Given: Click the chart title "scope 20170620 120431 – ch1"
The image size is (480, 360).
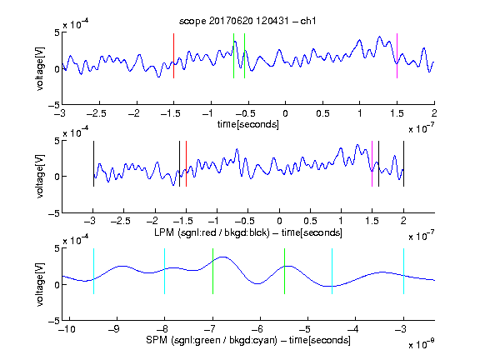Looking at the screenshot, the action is [247, 21].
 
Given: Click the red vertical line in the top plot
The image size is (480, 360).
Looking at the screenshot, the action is [173, 56].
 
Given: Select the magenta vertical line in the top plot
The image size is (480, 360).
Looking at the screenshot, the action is [397, 56].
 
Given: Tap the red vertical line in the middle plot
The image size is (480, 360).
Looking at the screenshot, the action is [186, 164].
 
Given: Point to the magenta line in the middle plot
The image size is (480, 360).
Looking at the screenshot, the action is [372, 164].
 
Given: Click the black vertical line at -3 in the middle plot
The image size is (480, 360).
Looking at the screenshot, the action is [93, 164].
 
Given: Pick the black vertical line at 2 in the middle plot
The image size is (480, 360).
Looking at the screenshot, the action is [403, 164].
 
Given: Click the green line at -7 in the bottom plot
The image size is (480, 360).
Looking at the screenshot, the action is [212, 271].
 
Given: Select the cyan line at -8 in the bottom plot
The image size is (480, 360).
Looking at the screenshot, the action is [165, 271].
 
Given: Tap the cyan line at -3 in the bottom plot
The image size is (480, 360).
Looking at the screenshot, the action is [403, 271].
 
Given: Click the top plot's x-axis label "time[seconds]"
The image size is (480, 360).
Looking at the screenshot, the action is [248, 125].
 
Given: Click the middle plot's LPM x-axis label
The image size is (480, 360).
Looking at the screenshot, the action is [248, 232].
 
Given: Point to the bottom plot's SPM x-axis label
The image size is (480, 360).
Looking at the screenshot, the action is [248, 340].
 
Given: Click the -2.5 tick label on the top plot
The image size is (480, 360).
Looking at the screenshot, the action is [96, 113].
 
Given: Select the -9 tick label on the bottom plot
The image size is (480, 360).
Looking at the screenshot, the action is [114, 329].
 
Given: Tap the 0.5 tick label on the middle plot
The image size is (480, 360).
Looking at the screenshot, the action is [310, 221].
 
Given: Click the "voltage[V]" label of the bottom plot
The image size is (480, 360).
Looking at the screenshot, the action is [40, 284].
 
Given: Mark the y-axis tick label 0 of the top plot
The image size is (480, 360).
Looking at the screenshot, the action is [57, 69].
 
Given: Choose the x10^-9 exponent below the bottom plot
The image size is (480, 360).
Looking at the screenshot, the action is [422, 344].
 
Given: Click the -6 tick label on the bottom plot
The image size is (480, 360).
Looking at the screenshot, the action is [257, 329].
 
